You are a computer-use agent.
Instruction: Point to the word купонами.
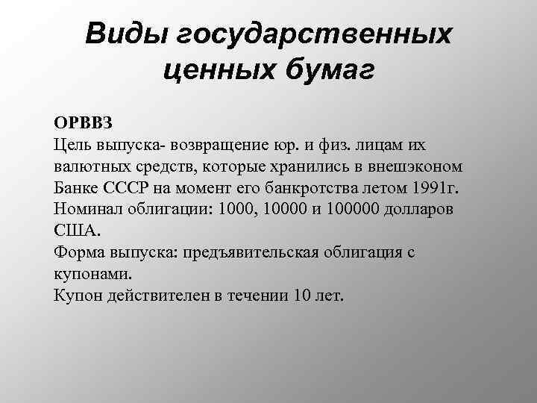coord(92,273)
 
